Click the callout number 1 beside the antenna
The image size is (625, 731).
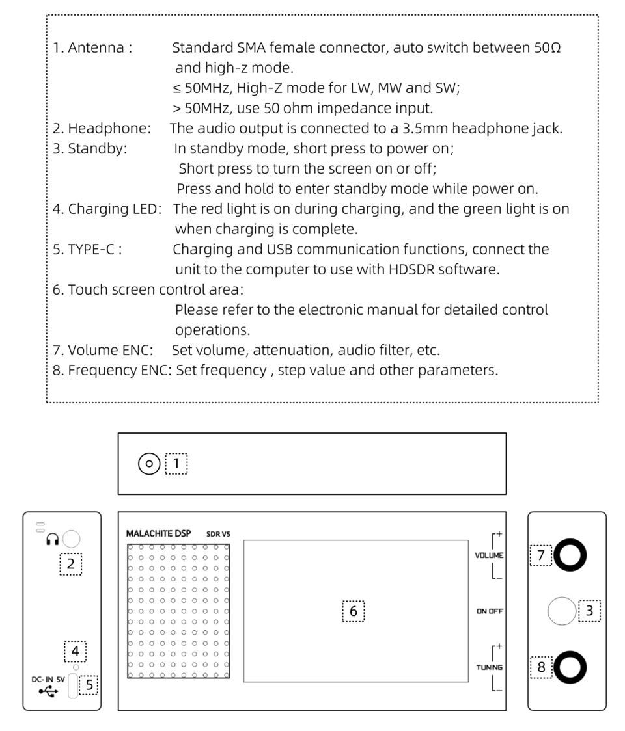click(176, 464)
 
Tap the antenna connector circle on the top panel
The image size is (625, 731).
click(149, 464)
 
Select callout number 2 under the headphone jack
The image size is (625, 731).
click(71, 565)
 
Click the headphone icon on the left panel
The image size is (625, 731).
click(53, 538)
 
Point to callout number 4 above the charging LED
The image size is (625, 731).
click(75, 651)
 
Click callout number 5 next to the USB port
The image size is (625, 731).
click(89, 685)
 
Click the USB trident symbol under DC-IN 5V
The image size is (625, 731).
click(48, 691)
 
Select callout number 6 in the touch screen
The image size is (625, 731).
click(354, 611)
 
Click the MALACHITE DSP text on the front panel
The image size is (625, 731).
click(158, 533)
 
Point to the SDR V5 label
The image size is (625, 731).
click(218, 534)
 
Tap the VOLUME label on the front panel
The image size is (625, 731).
click(489, 556)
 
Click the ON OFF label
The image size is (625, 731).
click(490, 611)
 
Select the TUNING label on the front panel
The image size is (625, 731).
click(489, 667)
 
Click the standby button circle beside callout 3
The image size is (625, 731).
click(561, 611)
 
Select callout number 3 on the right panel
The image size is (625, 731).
click(589, 611)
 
